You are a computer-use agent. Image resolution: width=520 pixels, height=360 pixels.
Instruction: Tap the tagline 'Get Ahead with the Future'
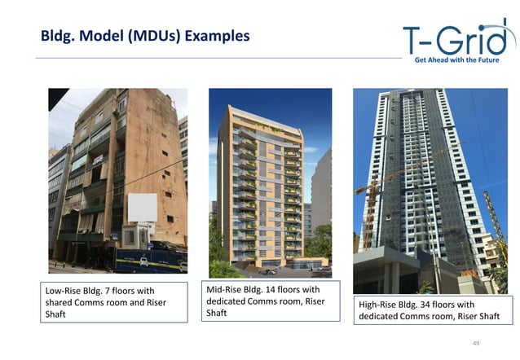coord(462,60)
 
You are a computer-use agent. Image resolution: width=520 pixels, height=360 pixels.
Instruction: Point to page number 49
coord(477,344)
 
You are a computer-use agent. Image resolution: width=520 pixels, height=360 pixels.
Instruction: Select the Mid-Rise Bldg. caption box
coord(270,301)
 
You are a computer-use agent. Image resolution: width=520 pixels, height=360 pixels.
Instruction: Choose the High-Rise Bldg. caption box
coord(432,310)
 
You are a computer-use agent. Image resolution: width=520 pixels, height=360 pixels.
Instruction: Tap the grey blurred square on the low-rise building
coord(143,208)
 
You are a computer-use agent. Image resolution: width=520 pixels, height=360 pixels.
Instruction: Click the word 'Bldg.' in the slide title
coord(59,37)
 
